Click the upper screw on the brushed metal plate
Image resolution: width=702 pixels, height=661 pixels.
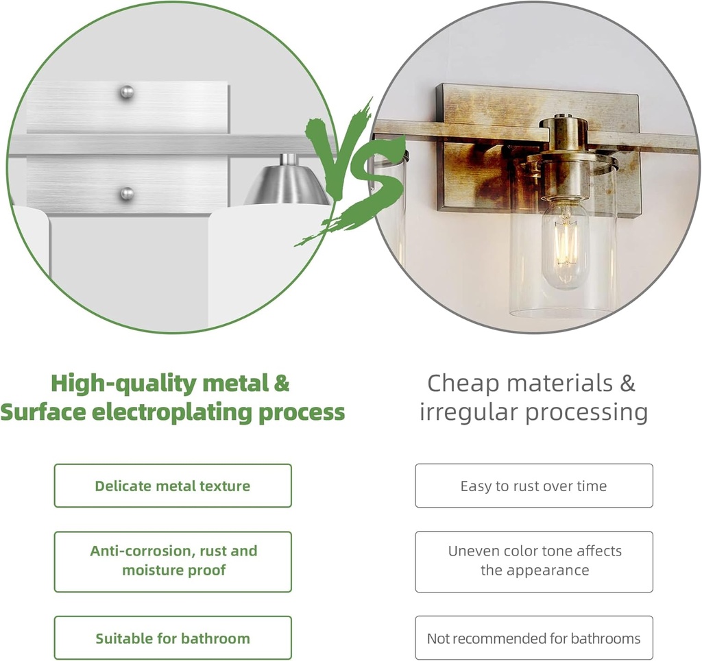pyautogui.click(x=127, y=92)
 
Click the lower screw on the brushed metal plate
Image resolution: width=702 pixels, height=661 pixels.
pyautogui.click(x=128, y=194)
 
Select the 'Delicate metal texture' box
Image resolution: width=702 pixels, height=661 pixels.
pyautogui.click(x=173, y=486)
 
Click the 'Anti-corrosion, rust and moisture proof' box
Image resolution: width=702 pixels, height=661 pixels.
pyautogui.click(x=173, y=562)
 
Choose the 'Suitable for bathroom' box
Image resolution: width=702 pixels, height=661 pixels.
pyautogui.click(x=173, y=638)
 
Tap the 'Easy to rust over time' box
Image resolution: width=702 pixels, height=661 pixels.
pyautogui.click(x=533, y=486)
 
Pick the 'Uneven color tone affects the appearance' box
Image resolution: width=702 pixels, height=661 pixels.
pyautogui.click(x=533, y=562)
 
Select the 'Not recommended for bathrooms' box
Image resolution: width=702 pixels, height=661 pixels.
pyautogui.click(x=533, y=638)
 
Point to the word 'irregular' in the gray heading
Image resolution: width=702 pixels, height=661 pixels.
pyautogui.click(x=469, y=412)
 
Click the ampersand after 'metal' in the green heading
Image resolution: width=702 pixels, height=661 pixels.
pyautogui.click(x=280, y=384)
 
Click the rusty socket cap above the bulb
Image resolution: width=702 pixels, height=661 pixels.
pyautogui.click(x=562, y=157)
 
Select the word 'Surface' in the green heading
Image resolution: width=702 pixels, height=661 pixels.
pyautogui.click(x=44, y=412)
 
